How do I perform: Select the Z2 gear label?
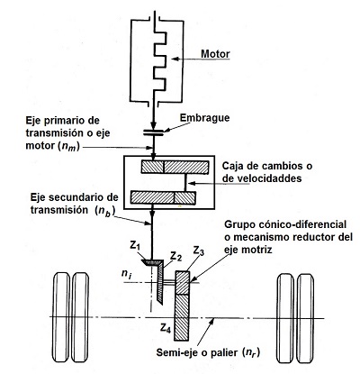point(177,256)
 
